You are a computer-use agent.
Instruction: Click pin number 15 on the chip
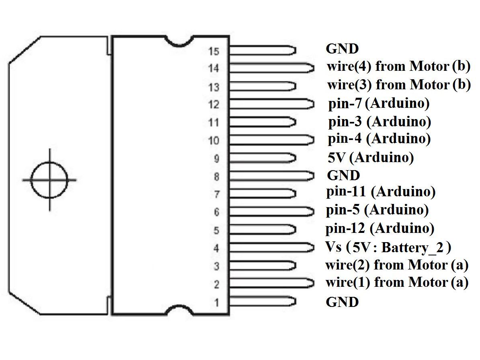(x=214, y=51)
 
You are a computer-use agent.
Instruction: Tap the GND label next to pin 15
(x=342, y=49)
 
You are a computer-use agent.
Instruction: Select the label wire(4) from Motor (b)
(x=398, y=66)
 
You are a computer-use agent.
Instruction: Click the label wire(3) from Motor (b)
(x=398, y=85)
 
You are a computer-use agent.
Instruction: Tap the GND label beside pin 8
(x=344, y=175)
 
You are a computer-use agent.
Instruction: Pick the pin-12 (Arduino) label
(x=380, y=228)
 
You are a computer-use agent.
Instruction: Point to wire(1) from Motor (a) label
(x=397, y=282)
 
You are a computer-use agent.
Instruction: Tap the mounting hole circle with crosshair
(x=49, y=180)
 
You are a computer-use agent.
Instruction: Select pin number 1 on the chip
(x=217, y=302)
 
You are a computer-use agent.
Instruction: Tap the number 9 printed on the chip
(x=217, y=158)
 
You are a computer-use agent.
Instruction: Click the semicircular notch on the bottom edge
(x=179, y=310)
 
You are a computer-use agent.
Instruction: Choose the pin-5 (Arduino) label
(x=377, y=210)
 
